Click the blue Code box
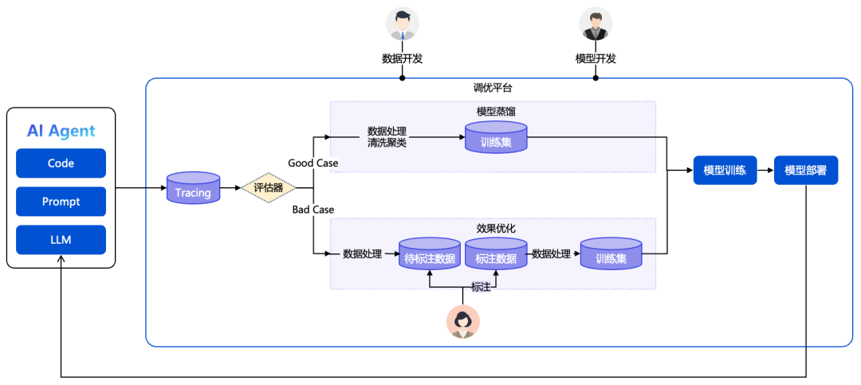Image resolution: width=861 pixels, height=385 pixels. tap(61, 163)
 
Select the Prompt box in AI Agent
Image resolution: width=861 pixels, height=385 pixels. tap(61, 202)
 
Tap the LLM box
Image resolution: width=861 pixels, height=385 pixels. tap(61, 240)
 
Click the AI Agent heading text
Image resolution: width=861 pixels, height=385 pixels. tap(61, 132)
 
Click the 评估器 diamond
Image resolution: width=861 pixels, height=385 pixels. tap(268, 189)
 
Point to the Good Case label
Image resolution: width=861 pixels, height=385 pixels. tap(313, 163)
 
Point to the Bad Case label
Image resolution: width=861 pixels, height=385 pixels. tap(313, 210)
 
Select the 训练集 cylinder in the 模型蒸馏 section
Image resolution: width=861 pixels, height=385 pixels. tap(496, 139)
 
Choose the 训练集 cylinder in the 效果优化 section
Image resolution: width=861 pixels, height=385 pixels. tap(611, 255)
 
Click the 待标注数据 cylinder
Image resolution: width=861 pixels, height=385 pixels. tap(430, 255)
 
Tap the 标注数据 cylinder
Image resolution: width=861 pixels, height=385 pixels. tap(496, 255)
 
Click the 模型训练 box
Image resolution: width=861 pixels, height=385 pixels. tap(724, 170)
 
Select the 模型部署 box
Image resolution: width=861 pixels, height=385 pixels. tap(806, 170)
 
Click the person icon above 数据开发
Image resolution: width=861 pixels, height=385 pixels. tap(402, 24)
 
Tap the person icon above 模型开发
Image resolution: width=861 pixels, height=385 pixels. tap(596, 24)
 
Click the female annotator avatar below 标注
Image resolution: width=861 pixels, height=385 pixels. tap(462, 322)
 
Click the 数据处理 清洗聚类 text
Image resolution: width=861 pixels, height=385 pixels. tap(387, 137)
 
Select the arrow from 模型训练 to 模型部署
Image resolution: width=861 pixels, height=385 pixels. tap(765, 170)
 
